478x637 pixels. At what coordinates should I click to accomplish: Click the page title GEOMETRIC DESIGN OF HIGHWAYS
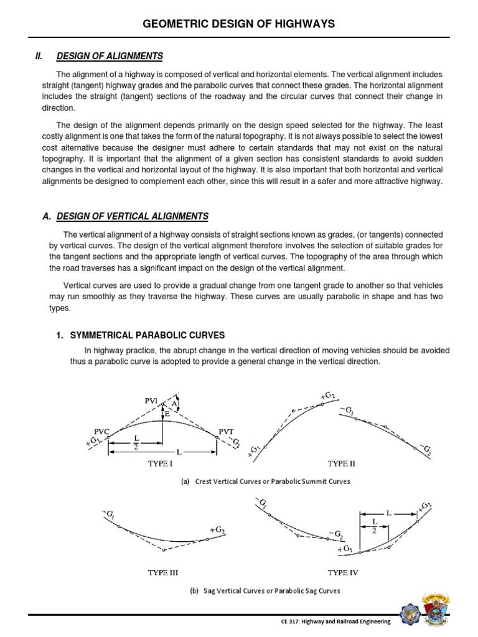click(x=239, y=24)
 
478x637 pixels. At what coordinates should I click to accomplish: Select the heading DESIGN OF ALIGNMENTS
click(x=110, y=57)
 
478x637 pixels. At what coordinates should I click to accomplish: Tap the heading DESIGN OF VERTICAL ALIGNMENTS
click(x=133, y=216)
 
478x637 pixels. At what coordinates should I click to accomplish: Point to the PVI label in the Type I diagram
click(x=152, y=401)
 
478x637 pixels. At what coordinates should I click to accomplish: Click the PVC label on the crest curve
click(x=101, y=430)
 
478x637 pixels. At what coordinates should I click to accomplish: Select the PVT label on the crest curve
click(x=227, y=430)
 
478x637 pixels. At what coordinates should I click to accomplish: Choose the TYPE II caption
click(x=341, y=463)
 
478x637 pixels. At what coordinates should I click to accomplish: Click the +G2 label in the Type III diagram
click(x=217, y=529)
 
